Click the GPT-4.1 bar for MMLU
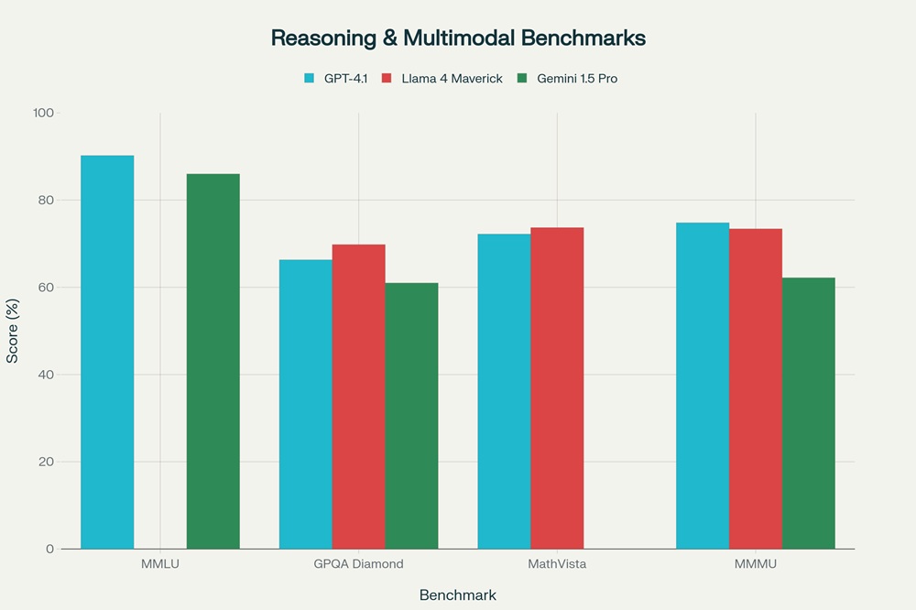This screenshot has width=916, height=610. [107, 353]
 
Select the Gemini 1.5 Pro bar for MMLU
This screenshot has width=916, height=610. [213, 362]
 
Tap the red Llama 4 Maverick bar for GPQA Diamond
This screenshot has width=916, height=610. [358, 397]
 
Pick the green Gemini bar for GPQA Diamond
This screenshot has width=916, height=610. [411, 416]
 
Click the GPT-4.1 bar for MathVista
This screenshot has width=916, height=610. [504, 391]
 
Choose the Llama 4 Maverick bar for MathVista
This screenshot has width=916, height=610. [557, 388]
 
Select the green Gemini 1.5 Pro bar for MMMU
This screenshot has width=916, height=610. [809, 413]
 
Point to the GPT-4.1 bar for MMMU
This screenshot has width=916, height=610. [703, 386]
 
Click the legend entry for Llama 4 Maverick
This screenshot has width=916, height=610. [452, 79]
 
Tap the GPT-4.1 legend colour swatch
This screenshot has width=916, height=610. [309, 79]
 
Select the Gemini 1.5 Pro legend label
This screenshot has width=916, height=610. [577, 79]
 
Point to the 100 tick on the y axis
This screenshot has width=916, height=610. [44, 113]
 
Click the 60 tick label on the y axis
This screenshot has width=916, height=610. [47, 288]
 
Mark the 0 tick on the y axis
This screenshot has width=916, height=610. [50, 550]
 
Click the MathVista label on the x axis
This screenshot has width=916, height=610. [557, 564]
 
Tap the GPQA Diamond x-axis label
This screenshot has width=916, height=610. [358, 564]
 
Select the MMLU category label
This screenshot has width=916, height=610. [160, 564]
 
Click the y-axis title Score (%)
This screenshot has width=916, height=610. [13, 332]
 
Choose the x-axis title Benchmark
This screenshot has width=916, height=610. [458, 595]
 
